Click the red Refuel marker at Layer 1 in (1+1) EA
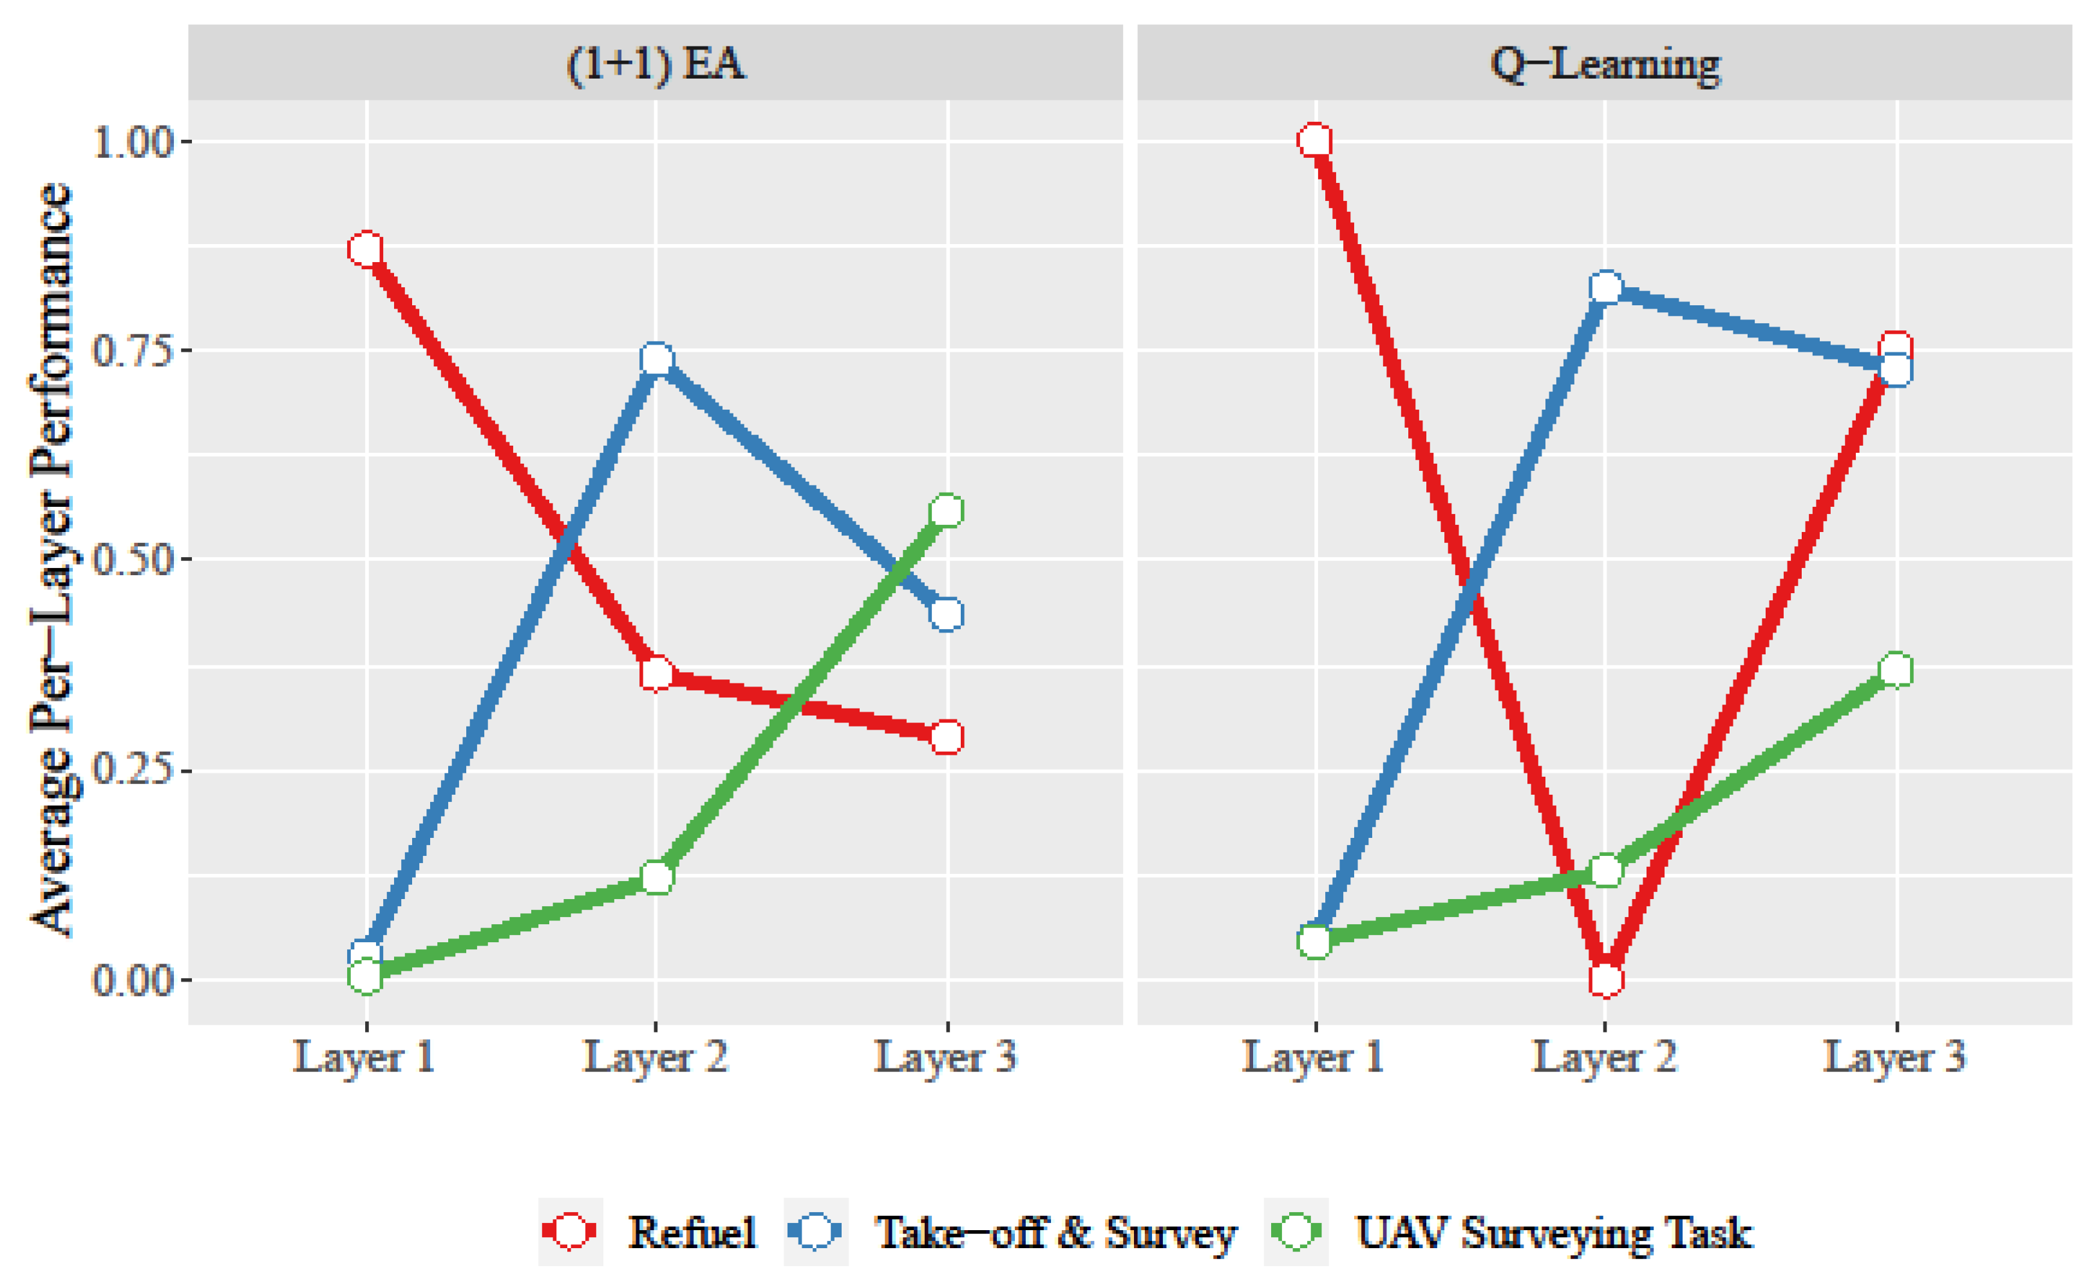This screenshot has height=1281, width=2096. pyautogui.click(x=366, y=249)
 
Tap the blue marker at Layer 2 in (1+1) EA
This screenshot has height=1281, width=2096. pyautogui.click(x=656, y=360)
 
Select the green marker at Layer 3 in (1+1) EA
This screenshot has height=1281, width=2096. pyautogui.click(x=947, y=510)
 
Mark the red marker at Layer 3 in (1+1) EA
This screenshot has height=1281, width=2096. pyautogui.click(x=947, y=737)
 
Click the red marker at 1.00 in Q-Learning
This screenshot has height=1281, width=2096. pyautogui.click(x=1315, y=140)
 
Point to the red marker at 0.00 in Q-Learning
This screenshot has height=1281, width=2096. pyautogui.click(x=1605, y=979)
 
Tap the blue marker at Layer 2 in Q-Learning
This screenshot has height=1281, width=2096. pyautogui.click(x=1605, y=289)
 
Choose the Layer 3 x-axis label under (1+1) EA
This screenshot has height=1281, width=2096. pyautogui.click(x=946, y=1058)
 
